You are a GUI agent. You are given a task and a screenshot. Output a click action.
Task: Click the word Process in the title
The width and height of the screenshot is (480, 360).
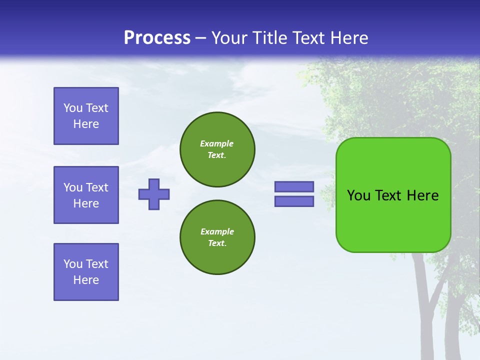(157, 38)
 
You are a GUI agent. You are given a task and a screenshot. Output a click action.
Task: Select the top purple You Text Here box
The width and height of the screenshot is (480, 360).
(86, 116)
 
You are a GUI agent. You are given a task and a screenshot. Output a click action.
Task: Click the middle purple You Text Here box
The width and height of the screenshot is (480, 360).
(86, 195)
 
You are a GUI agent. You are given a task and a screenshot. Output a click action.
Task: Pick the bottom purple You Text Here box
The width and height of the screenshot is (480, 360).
(86, 272)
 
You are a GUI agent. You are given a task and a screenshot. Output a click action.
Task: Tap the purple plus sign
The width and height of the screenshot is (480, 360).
(154, 194)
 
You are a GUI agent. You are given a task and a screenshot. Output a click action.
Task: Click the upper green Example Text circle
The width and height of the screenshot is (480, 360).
(217, 149)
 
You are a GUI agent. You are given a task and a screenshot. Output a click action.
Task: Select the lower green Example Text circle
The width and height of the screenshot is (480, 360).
(217, 237)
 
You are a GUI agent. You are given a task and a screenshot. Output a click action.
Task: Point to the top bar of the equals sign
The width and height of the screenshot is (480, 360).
(294, 187)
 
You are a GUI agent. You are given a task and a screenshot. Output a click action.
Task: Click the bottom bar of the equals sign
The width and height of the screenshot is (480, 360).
(294, 201)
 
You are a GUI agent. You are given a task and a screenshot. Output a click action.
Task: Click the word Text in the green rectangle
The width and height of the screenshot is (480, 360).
(388, 195)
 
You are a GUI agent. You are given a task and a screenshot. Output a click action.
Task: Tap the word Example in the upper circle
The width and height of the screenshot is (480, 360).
(217, 143)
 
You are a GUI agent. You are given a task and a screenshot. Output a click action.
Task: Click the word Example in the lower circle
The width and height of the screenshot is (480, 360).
(217, 231)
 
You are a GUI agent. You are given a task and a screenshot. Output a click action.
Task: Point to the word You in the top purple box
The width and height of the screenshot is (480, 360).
(73, 108)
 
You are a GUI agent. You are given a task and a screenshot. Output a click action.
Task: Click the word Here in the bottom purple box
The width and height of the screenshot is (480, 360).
(86, 280)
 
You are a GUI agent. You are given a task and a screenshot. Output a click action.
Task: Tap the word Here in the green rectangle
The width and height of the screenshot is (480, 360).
(422, 195)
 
